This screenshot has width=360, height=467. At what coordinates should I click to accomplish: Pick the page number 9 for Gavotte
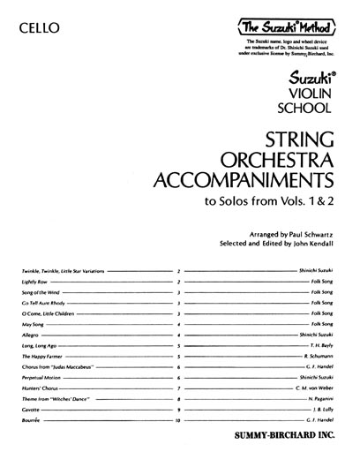(x=179, y=411)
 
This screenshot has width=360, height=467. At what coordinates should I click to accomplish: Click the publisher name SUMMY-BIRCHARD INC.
(x=295, y=446)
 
